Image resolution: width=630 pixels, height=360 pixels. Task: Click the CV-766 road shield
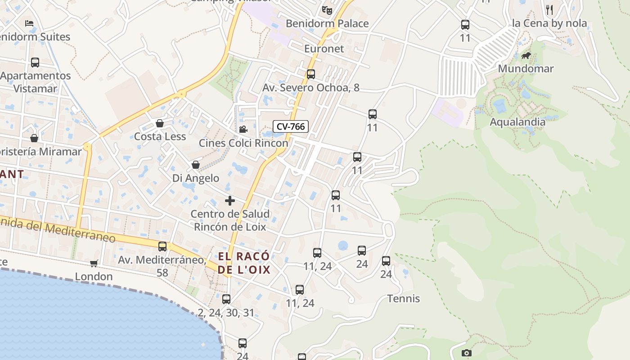(291, 126)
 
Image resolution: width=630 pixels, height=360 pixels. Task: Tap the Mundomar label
(526, 69)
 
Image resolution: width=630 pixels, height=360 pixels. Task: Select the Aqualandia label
(517, 122)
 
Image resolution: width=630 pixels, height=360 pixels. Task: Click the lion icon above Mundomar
(526, 56)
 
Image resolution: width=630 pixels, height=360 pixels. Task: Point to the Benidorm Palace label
(327, 23)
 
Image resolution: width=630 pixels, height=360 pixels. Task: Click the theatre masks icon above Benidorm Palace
(327, 9)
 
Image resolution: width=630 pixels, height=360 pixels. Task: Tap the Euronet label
(324, 49)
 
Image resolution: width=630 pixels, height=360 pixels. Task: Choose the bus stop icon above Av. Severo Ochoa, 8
(310, 74)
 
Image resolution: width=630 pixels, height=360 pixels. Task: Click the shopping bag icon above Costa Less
(159, 123)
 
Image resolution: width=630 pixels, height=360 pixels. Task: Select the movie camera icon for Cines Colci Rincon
(243, 130)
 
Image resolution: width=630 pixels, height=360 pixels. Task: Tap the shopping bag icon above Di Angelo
(196, 165)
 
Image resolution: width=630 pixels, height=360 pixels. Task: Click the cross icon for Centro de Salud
(229, 201)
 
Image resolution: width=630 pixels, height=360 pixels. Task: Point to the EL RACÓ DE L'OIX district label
(244, 263)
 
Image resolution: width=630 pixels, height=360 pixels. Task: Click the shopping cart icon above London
(94, 263)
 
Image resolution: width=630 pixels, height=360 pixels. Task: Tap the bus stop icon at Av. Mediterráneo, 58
(162, 247)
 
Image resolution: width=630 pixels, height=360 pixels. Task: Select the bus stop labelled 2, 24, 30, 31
(226, 299)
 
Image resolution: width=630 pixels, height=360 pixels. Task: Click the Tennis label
(404, 299)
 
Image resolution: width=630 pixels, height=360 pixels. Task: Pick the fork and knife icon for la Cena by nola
(549, 9)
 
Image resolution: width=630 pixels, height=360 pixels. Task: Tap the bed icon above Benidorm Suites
(29, 23)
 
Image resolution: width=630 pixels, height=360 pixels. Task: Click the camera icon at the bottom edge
(467, 353)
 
